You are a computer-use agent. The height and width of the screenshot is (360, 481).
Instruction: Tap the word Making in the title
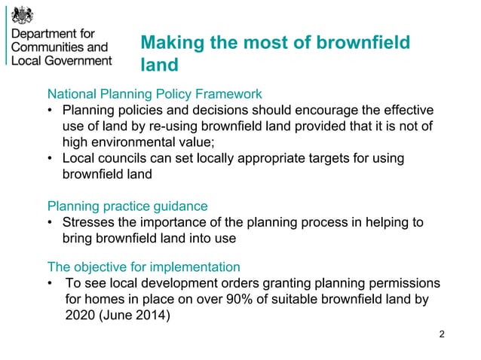(x=170, y=44)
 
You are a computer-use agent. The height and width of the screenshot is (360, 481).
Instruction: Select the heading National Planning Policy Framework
(x=155, y=95)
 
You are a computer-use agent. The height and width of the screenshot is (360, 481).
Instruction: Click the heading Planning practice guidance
(x=127, y=206)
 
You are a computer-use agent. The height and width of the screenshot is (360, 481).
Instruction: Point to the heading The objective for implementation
(x=143, y=267)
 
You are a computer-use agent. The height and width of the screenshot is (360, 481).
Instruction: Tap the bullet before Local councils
(x=50, y=159)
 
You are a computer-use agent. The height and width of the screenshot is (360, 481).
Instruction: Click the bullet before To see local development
(x=50, y=284)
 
